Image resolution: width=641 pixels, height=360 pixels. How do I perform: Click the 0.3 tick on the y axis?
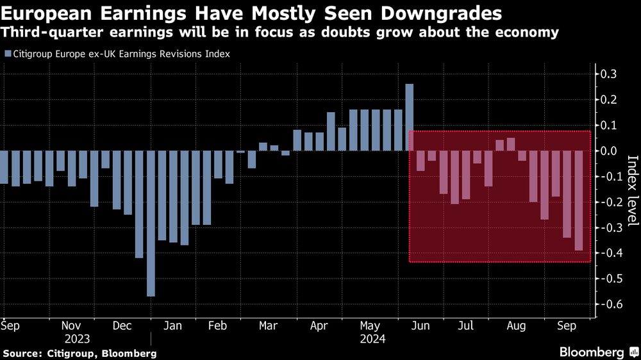tap(608, 74)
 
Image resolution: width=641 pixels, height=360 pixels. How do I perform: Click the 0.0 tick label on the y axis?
tap(608, 151)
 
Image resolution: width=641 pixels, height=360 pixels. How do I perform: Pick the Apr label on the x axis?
tap(319, 325)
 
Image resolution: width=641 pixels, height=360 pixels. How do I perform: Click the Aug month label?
tap(516, 325)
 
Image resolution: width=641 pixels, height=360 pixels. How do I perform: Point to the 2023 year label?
tap(76, 338)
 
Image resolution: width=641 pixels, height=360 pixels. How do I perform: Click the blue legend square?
tap(7, 54)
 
